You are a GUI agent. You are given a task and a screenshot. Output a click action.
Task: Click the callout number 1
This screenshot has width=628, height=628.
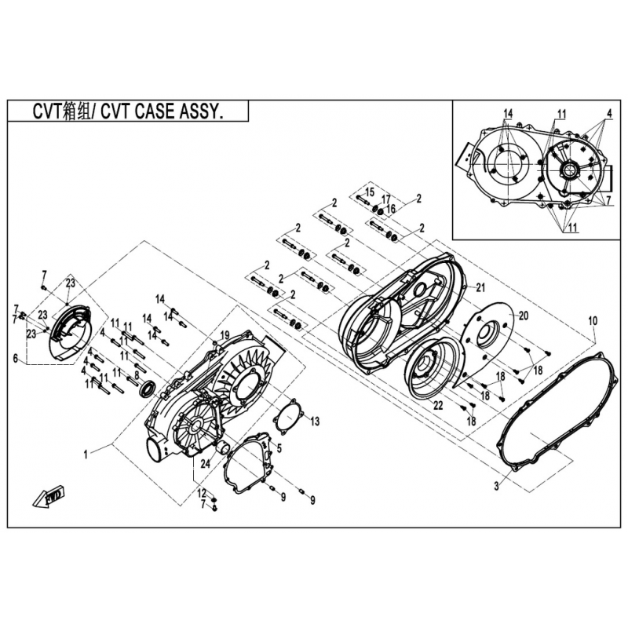pyautogui.click(x=86, y=455)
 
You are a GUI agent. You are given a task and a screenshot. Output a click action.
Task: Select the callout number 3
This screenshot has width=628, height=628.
pyautogui.click(x=497, y=486)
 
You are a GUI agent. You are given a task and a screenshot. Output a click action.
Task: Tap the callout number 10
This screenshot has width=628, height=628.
pyautogui.click(x=593, y=321)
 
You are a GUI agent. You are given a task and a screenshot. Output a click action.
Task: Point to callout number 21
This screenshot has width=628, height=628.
pyautogui.click(x=480, y=287)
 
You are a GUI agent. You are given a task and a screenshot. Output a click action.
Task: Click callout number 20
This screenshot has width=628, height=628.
pyautogui.click(x=524, y=316)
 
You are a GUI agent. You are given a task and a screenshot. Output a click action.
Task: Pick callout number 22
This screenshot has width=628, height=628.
pyautogui.click(x=438, y=405)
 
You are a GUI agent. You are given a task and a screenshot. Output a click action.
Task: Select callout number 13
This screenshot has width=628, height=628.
pyautogui.click(x=315, y=421)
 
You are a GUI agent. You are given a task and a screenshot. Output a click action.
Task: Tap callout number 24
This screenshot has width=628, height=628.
pyautogui.click(x=205, y=463)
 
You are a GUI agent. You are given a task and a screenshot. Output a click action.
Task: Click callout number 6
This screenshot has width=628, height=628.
pyautogui.click(x=16, y=358)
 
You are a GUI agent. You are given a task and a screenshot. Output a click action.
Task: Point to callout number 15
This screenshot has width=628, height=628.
pyautogui.click(x=370, y=192)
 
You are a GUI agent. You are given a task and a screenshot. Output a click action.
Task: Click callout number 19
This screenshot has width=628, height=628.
pyautogui.click(x=225, y=335)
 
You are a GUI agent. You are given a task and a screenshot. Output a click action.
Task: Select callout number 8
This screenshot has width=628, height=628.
pyautogui.click(x=137, y=375)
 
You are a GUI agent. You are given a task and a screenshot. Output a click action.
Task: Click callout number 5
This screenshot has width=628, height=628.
pyautogui.click(x=279, y=447)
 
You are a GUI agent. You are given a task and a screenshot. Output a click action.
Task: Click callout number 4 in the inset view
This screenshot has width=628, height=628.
pyautogui.click(x=609, y=113)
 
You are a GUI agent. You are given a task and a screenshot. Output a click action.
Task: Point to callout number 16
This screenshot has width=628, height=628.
pyautogui.click(x=391, y=208)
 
